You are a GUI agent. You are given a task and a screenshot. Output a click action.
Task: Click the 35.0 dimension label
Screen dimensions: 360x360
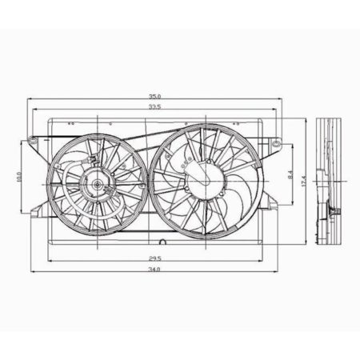(x=153, y=95)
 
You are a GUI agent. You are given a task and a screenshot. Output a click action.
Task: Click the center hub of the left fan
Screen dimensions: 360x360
(x=98, y=185)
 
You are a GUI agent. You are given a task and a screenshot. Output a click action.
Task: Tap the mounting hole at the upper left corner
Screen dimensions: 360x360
(x=34, y=142)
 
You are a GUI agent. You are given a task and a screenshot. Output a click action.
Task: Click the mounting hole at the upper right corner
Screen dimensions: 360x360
(x=275, y=146)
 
